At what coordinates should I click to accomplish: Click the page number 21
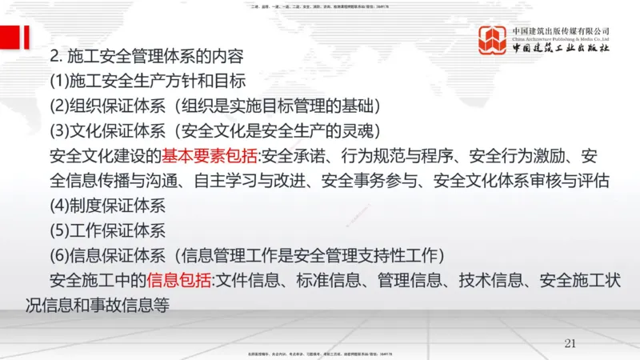570,343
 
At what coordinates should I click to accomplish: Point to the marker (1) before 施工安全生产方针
60,82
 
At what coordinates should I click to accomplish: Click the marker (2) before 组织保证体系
60,106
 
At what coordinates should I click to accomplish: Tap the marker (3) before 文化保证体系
60,131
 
